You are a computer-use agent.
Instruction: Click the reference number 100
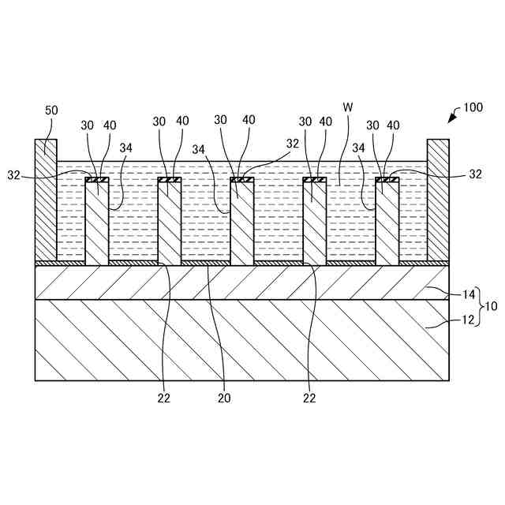point(474,107)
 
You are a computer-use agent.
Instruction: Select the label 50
point(50,110)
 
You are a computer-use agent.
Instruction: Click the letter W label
point(347,107)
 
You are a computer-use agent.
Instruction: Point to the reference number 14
point(469,294)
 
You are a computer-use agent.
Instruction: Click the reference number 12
point(469,320)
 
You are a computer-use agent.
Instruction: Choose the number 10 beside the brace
point(491,306)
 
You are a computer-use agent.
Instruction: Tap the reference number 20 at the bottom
point(225,398)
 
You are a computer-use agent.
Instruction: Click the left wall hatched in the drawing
point(46,201)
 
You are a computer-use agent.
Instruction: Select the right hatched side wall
point(438,201)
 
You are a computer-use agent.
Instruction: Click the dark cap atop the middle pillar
point(242,180)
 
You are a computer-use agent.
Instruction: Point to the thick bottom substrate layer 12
point(237,339)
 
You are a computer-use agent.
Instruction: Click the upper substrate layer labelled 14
point(237,282)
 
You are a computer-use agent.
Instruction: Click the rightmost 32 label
point(475,174)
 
